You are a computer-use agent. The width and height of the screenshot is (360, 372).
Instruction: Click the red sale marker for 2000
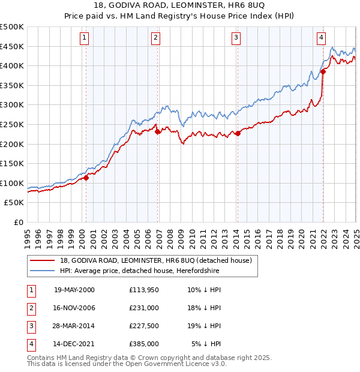click(x=86, y=178)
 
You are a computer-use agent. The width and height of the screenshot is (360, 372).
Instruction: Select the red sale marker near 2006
click(x=158, y=132)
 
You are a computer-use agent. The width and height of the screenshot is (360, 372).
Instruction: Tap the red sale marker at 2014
click(x=238, y=133)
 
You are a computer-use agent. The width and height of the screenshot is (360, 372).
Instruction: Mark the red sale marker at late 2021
click(x=323, y=71)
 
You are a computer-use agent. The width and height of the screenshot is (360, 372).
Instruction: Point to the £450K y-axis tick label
click(x=12, y=46)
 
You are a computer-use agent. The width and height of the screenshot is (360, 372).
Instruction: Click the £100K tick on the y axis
click(x=12, y=183)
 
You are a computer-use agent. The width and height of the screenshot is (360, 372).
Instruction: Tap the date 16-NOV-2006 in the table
click(x=74, y=308)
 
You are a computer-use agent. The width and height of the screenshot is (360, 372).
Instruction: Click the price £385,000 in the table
click(x=144, y=344)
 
